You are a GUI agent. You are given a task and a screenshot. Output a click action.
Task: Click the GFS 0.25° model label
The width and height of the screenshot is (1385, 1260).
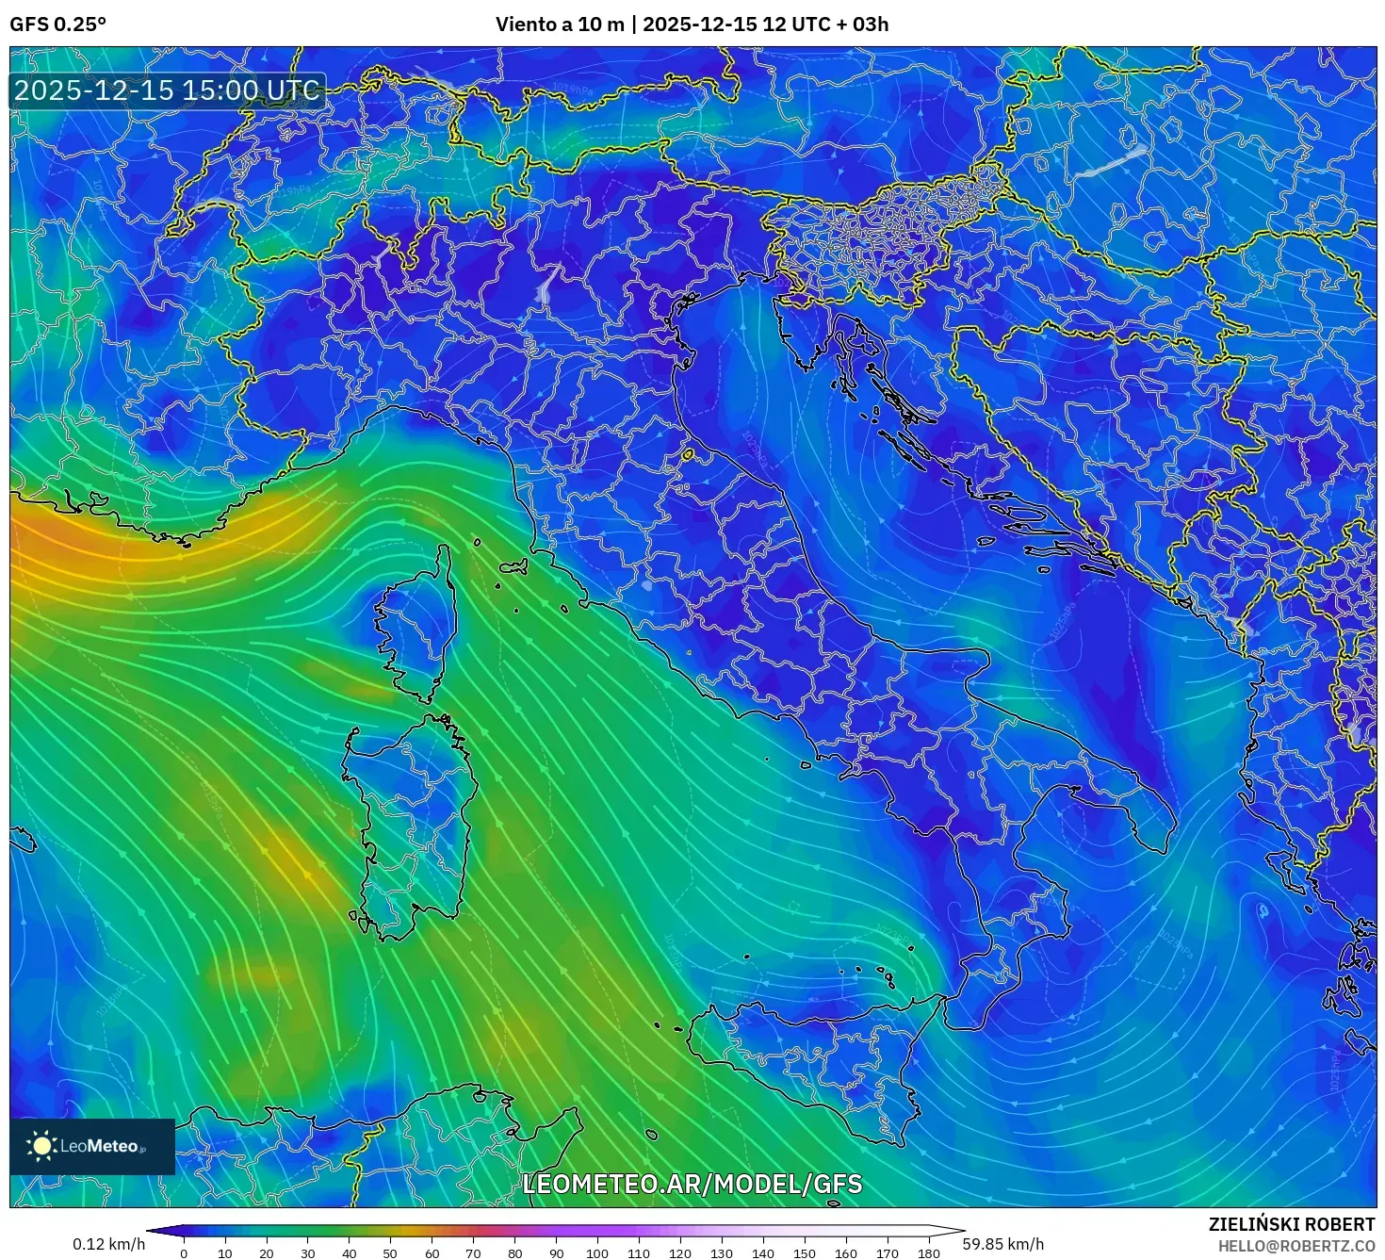[x=57, y=25]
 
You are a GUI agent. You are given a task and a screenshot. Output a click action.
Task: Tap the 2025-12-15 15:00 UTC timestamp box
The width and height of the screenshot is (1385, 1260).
[x=168, y=91]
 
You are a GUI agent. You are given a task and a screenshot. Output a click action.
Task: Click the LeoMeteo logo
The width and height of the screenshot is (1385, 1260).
[x=91, y=1146]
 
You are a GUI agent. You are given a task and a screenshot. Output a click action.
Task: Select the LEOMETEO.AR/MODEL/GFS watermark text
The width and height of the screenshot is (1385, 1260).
[x=692, y=1185]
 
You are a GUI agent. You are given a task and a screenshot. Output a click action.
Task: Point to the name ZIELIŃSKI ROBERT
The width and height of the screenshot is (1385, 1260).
[x=1291, y=1224]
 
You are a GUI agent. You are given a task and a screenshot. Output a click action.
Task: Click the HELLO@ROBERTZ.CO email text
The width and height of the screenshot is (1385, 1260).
[x=1296, y=1246]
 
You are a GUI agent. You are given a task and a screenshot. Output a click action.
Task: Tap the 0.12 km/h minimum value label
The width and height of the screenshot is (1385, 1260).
[x=109, y=1244]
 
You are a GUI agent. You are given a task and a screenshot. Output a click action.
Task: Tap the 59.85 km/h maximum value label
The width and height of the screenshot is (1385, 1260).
[x=1002, y=1244]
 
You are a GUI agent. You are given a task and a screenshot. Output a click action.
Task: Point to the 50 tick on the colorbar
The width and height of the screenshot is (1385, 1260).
[x=390, y=1253]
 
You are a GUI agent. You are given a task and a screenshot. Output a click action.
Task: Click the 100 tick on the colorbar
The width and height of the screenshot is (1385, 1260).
[x=597, y=1253]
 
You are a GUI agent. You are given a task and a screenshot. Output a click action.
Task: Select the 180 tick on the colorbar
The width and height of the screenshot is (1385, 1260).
[x=929, y=1253]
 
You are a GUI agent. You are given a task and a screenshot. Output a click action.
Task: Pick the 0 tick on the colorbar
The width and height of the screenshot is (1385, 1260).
[x=184, y=1253]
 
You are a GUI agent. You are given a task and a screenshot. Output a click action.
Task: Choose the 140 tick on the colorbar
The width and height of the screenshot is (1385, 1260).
[x=763, y=1253]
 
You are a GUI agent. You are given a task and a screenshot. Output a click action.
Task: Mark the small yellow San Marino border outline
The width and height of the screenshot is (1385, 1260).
[x=688, y=455]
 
